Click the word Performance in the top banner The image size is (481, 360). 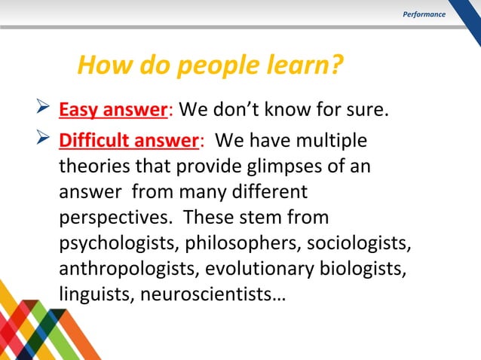[x=424, y=14]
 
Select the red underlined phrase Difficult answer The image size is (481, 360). [x=129, y=141]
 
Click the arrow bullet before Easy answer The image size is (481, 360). [x=43, y=111]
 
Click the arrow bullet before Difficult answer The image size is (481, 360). [x=43, y=141]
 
